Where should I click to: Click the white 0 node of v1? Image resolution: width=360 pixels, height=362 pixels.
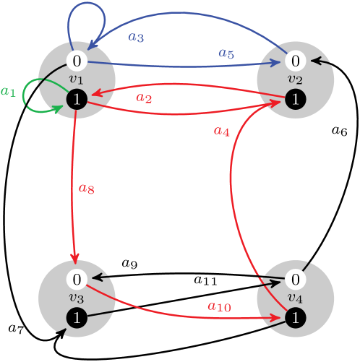pos(77,61)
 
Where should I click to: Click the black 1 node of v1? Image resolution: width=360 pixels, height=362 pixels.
pos(77,100)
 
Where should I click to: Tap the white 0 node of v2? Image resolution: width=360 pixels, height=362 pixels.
pos(295,61)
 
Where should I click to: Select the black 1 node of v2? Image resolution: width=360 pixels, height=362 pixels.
pos(295,100)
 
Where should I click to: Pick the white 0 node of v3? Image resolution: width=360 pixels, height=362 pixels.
pos(77,279)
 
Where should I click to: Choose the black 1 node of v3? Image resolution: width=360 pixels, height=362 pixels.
pos(77,317)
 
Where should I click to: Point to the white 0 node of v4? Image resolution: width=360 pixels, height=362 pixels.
pos(295,279)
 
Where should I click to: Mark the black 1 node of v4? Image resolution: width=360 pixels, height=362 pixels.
pos(295,317)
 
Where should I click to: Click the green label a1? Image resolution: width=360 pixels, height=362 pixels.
pos(8,92)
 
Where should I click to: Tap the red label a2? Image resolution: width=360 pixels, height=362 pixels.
pos(144,98)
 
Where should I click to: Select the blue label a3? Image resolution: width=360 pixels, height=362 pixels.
pos(135,37)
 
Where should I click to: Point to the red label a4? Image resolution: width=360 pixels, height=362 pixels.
pos(221,131)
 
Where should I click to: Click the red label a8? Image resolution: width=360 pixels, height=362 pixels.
pos(86,189)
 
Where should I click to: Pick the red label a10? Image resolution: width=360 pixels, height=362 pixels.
pos(218,306)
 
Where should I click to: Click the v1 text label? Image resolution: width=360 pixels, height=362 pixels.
pos(77,79)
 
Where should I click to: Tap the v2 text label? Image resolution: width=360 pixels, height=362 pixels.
pos(295,79)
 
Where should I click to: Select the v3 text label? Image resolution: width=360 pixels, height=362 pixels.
pos(77,298)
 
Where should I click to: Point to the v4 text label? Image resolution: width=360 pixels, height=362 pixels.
pos(295,298)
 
